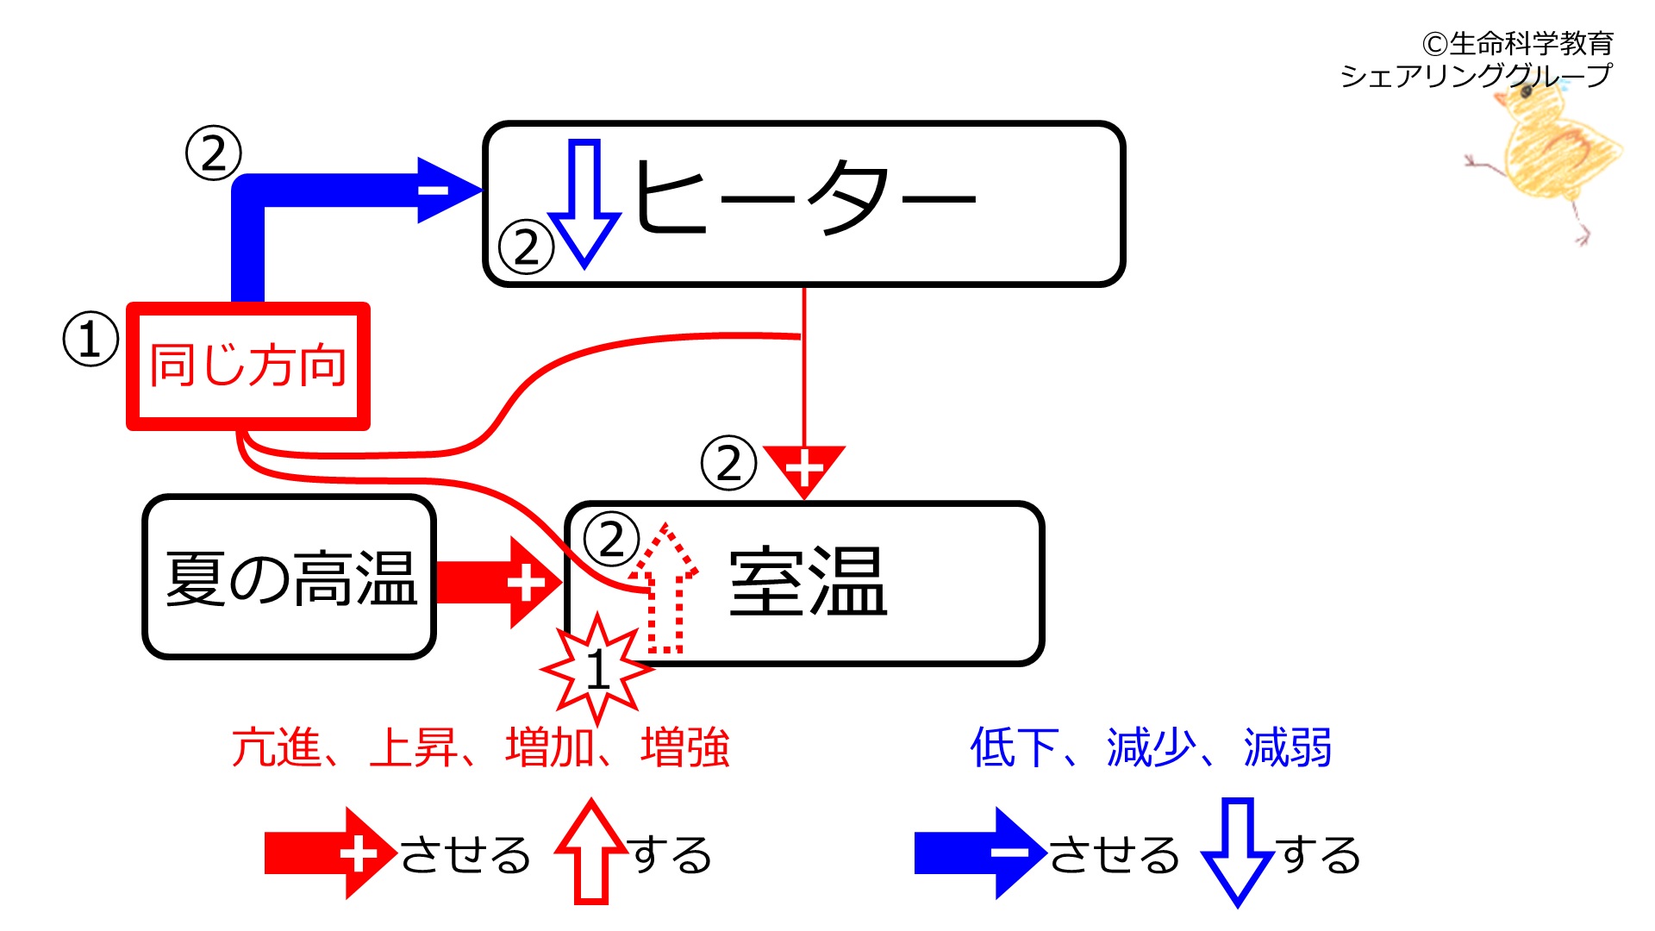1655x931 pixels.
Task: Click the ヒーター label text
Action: pyautogui.click(x=804, y=197)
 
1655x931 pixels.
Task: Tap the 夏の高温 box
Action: pyautogui.click(x=289, y=577)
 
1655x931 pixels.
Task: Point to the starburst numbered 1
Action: pyautogui.click(x=596, y=669)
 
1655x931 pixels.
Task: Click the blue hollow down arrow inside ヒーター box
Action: pyautogui.click(x=584, y=203)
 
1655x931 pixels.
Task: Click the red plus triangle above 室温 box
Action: pyautogui.click(x=804, y=470)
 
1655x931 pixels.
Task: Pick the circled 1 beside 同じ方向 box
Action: pyautogui.click(x=91, y=339)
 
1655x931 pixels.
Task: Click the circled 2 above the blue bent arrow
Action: pyautogui.click(x=214, y=153)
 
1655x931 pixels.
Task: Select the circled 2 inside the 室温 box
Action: pyautogui.click(x=611, y=540)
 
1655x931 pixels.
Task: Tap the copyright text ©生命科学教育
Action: pyautogui.click(x=1517, y=43)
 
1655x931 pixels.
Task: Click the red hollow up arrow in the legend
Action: pyautogui.click(x=591, y=852)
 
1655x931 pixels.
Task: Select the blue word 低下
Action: pyautogui.click(x=1014, y=747)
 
